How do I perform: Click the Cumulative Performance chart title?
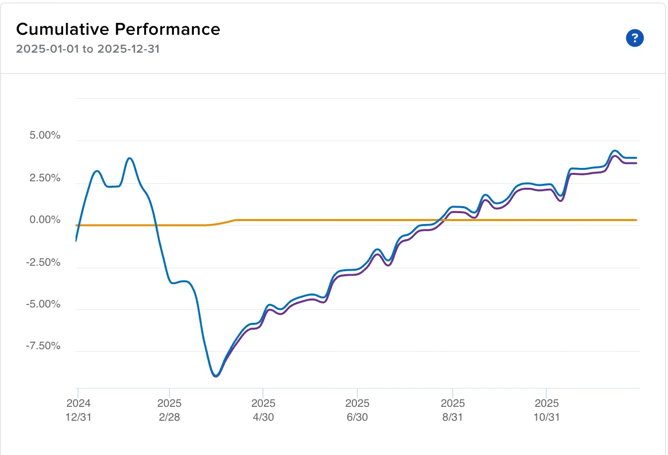(118, 29)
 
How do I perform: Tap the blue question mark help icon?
(635, 38)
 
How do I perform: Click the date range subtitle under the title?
(87, 49)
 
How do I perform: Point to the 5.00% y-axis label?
(45, 135)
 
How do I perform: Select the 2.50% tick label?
(45, 178)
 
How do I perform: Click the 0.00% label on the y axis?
(45, 220)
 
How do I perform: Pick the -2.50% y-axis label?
(43, 262)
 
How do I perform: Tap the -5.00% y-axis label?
(43, 304)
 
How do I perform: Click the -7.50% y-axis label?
(43, 346)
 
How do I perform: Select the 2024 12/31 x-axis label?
(79, 410)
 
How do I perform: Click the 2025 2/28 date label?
(169, 410)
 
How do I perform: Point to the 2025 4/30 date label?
(263, 410)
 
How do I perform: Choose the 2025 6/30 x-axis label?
(357, 410)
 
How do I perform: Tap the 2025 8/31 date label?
(453, 410)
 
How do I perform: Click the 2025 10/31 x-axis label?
(546, 410)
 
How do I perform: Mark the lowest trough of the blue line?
(216, 376)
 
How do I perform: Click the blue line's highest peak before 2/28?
(130, 158)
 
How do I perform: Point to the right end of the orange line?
(636, 220)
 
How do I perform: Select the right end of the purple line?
(636, 163)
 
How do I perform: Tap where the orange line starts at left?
(77, 226)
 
